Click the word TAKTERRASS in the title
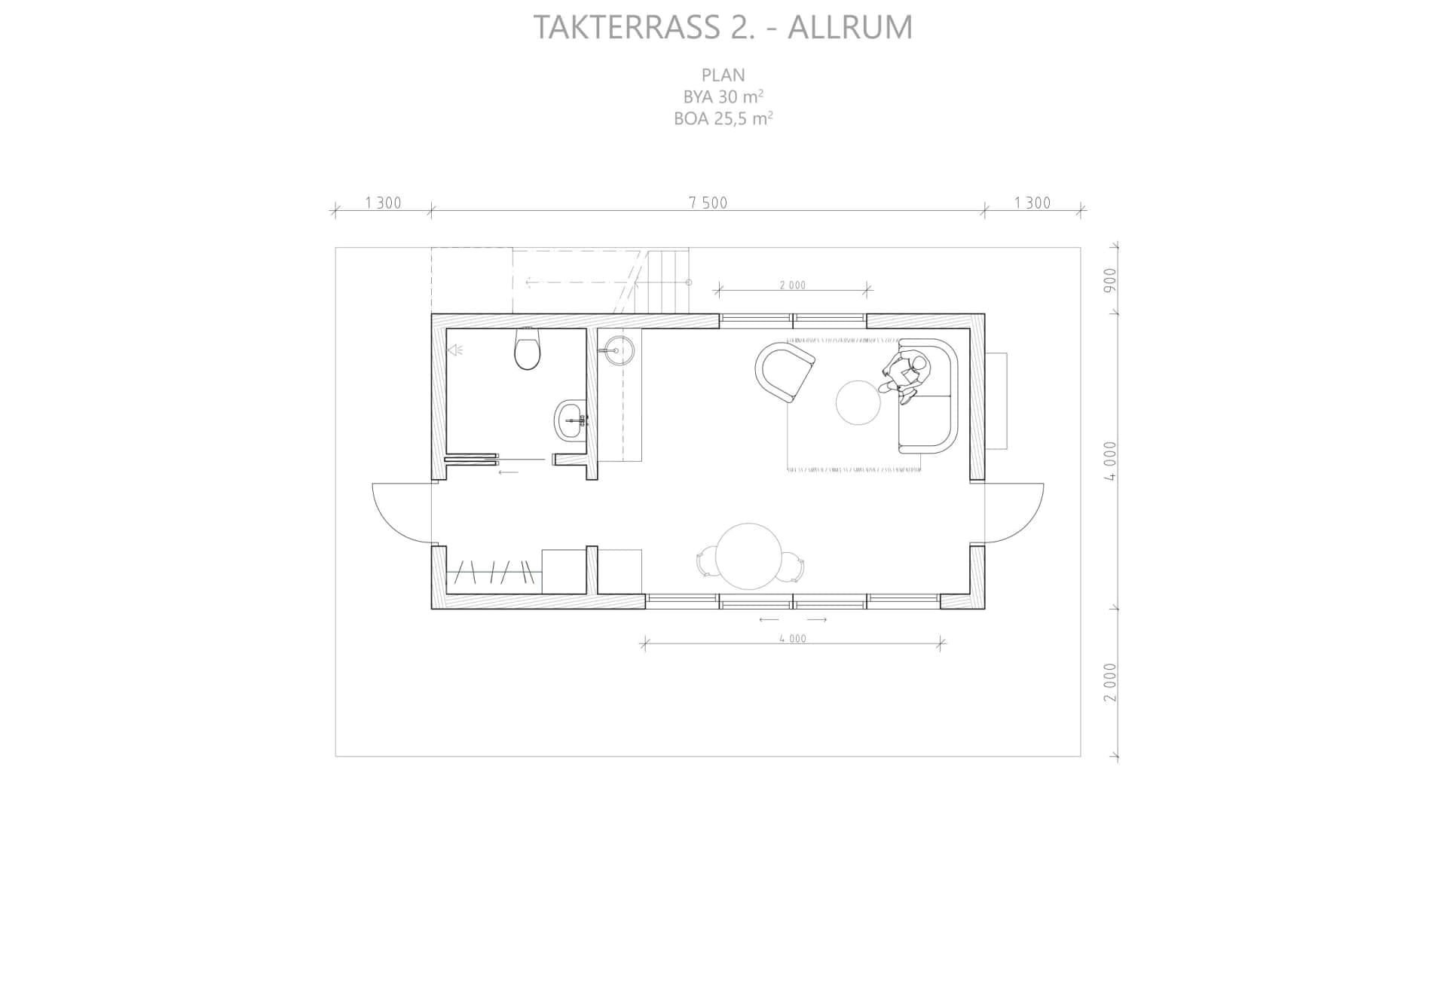pos(627,27)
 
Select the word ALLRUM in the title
pos(850,27)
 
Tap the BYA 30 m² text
pos(723,96)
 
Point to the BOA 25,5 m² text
pos(723,118)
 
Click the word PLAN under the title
pos(723,75)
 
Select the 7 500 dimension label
pos(708,203)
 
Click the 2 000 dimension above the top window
pos(793,286)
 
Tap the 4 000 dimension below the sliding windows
pos(793,639)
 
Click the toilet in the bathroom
pos(527,349)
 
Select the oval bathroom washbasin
pos(570,420)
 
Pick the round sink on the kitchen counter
pos(617,351)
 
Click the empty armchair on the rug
pos(785,373)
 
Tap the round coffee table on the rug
pos(858,403)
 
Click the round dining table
pos(748,557)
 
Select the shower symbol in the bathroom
pos(455,350)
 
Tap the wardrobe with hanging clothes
pos(494,572)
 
